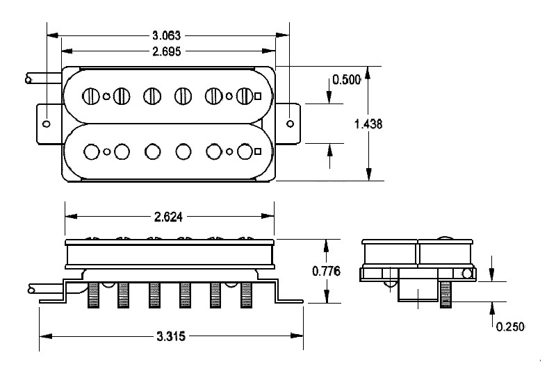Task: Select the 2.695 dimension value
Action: (x=168, y=50)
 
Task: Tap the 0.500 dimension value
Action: (x=345, y=79)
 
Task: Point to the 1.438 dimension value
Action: (x=368, y=123)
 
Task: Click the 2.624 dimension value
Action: (x=168, y=216)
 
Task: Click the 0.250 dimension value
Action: (x=509, y=326)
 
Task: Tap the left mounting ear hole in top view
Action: (x=47, y=124)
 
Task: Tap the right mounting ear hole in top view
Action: (x=291, y=124)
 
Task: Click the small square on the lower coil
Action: (x=258, y=151)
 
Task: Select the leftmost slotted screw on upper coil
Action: (x=90, y=96)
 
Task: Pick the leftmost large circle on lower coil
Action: (x=90, y=151)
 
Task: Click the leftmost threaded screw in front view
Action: (x=92, y=295)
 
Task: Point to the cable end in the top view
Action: (x=28, y=79)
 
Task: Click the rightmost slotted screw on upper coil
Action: (x=244, y=96)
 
